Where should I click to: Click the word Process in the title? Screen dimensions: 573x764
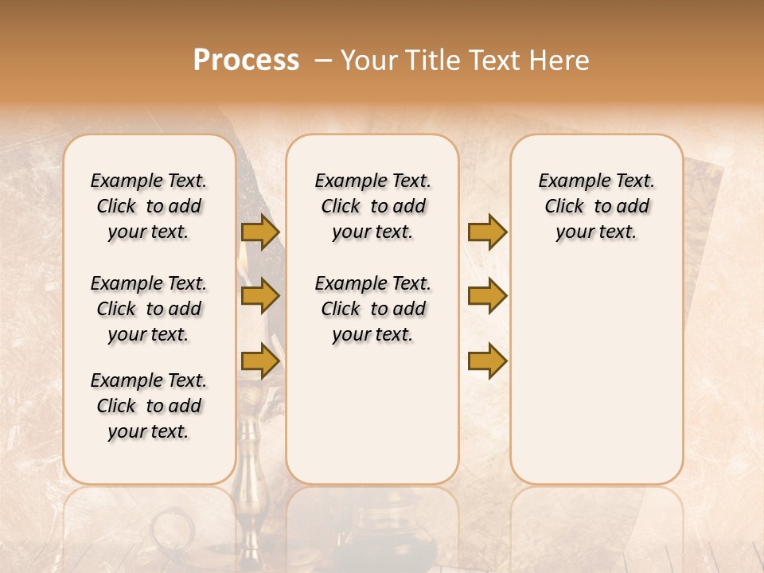246,60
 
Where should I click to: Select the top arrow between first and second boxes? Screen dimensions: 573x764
260,232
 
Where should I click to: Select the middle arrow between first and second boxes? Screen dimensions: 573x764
260,297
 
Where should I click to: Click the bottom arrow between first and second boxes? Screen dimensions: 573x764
260,361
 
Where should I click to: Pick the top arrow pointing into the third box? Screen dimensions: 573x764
487,232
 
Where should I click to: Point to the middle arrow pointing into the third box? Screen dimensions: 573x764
487,297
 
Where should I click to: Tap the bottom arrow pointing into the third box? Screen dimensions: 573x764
487,361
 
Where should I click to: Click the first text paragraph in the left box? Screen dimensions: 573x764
149,206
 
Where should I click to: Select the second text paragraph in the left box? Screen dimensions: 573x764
149,309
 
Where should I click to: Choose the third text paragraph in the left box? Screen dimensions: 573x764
149,406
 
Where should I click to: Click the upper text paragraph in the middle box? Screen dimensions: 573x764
372,206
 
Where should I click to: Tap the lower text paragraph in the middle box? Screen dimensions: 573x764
372,309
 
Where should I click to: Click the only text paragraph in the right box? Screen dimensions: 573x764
596,206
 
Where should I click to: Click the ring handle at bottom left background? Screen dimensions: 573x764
170,528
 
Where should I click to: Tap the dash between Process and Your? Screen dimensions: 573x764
322,60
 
